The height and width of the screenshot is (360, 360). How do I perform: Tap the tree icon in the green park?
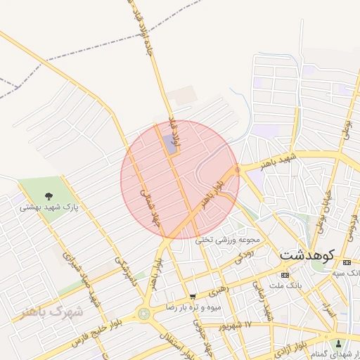48,196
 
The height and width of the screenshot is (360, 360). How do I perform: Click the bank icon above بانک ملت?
285,275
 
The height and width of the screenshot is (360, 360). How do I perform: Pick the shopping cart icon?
193,297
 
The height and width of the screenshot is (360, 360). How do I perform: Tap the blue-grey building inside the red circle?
171,143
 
